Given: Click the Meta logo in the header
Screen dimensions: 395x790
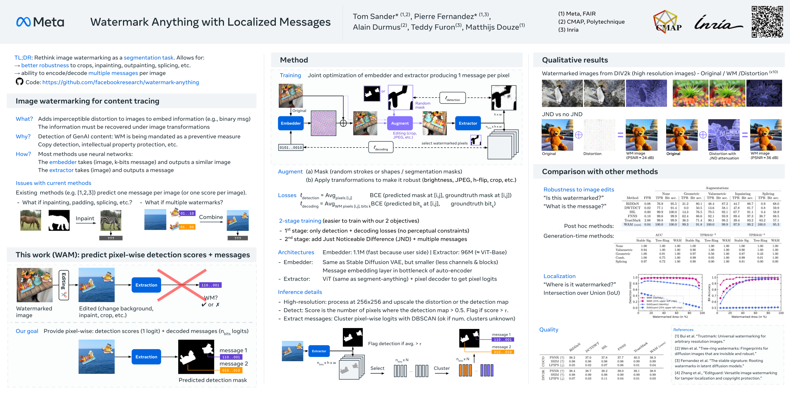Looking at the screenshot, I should click(40, 22).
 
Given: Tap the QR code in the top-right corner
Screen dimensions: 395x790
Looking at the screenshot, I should click(767, 21).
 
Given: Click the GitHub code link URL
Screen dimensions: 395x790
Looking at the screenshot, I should click(120, 82).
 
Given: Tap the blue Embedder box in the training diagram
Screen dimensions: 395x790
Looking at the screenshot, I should click(291, 123).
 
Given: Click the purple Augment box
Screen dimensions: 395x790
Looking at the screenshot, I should click(400, 123).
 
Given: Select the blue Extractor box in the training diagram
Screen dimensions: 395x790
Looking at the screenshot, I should click(468, 123).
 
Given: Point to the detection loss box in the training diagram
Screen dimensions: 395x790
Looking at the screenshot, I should click(453, 98).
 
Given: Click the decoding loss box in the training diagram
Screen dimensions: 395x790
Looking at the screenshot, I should click(381, 148).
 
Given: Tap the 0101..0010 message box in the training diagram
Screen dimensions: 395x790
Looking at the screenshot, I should click(291, 148).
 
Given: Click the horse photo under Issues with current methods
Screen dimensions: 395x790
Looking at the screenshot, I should click(31, 220).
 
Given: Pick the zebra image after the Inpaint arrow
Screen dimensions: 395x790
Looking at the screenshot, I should click(111, 220).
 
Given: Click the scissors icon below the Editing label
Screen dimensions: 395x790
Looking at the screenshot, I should click(64, 295).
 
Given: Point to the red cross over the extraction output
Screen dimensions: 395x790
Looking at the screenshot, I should click(182, 285).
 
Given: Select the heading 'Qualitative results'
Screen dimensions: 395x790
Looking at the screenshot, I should click(575, 60).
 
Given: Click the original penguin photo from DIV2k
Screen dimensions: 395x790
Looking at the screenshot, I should click(562, 93).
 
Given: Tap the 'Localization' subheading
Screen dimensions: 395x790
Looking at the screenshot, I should click(559, 276).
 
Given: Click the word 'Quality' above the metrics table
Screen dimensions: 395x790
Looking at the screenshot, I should click(549, 330).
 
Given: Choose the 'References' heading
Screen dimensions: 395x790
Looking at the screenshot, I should click(683, 330).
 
